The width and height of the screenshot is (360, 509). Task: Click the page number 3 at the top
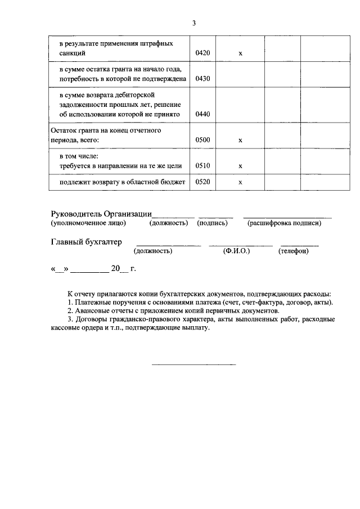[193, 24]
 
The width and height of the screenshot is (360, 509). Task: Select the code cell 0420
[202, 53]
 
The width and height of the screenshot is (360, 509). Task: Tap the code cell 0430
[202, 79]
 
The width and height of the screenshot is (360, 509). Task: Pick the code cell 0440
[202, 114]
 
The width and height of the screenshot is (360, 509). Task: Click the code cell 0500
[202, 139]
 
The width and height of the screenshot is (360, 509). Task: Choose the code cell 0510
[202, 166]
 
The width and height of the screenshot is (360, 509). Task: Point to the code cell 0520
[202, 183]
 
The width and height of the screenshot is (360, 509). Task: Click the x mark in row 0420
[240, 53]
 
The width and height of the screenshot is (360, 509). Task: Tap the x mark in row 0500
[240, 139]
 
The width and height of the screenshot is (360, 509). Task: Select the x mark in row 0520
[240, 183]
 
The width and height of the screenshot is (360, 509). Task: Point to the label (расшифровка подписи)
[284, 223]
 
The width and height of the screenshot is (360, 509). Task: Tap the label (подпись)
[212, 223]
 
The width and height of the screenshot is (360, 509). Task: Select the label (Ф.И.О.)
[236, 251]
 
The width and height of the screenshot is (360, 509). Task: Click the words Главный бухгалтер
[86, 242]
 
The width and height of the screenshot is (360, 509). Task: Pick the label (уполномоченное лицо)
[88, 223]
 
